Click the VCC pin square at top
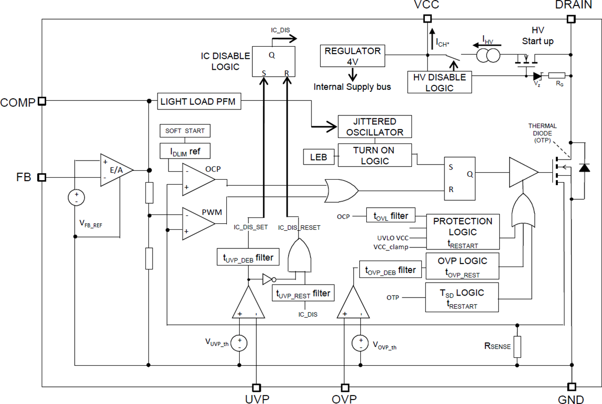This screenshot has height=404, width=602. (x=427, y=19)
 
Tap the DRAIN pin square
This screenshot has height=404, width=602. (x=571, y=19)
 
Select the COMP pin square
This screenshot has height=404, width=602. (x=42, y=101)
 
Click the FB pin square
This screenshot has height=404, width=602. (x=42, y=177)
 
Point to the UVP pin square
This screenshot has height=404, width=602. (x=256, y=387)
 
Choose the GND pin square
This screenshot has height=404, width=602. (x=571, y=387)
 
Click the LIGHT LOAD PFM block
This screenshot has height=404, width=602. (x=199, y=102)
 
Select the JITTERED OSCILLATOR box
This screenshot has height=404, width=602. (x=374, y=127)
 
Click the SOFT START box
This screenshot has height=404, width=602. (x=185, y=131)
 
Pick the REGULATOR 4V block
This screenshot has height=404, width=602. (x=352, y=56)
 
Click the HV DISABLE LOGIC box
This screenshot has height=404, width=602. (x=439, y=82)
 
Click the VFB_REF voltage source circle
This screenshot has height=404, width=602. (x=76, y=197)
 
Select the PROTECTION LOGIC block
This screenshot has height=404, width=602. (x=463, y=232)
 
